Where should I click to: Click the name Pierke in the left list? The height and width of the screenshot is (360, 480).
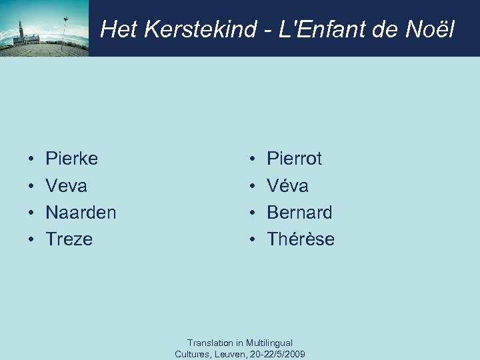(71, 159)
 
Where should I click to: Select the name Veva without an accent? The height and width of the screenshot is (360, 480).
(66, 185)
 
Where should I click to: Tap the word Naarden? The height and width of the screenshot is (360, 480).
(81, 213)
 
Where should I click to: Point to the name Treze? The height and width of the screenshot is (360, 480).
(69, 239)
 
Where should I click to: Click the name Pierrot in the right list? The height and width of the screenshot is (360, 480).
(294, 159)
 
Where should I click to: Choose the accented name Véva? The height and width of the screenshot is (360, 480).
(287, 185)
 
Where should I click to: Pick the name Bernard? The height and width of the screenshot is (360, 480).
(299, 213)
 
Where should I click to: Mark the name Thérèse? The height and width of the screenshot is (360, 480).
(301, 239)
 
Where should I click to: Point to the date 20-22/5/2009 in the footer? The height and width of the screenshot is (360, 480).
(281, 354)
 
